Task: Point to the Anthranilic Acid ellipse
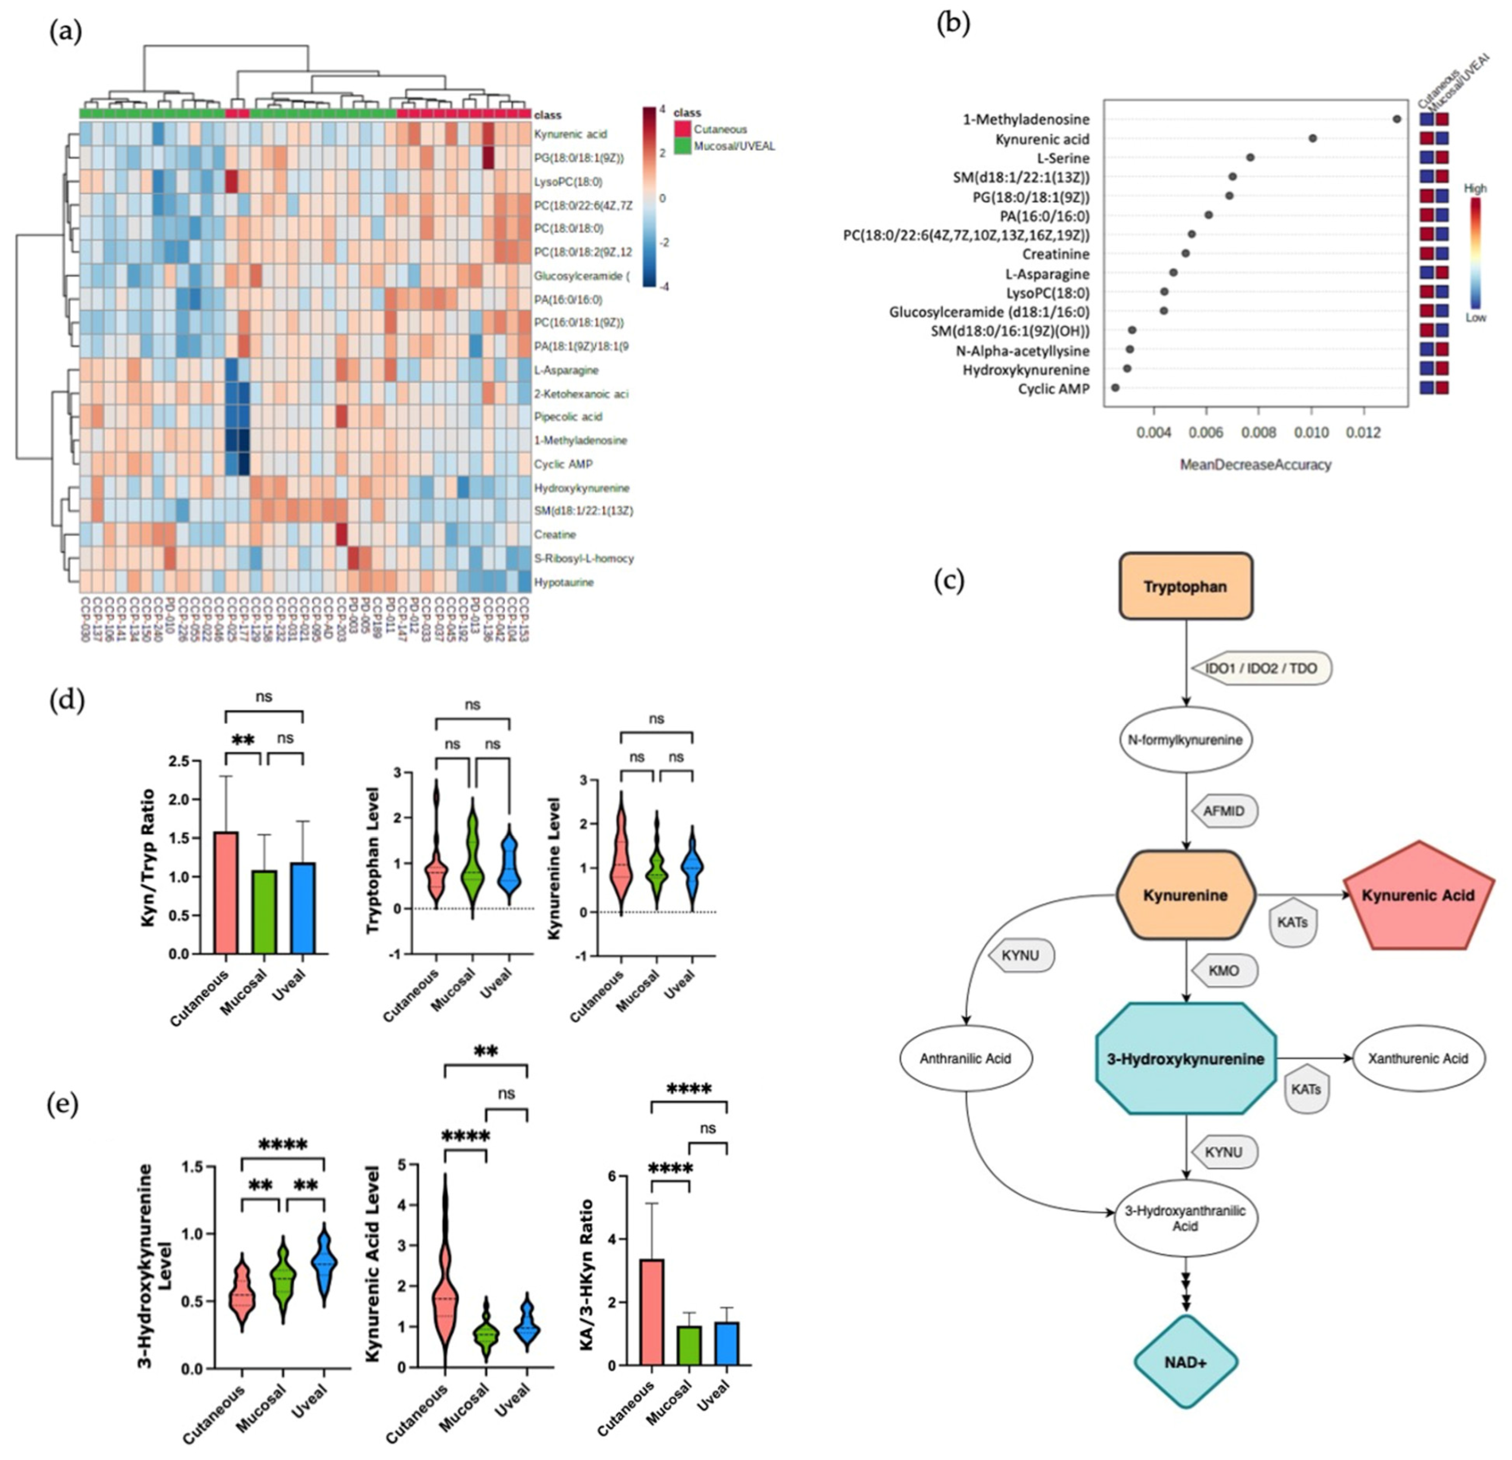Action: point(965,1059)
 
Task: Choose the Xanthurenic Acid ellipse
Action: point(1418,1059)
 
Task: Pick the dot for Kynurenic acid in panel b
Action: point(1312,138)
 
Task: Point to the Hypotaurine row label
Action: point(564,582)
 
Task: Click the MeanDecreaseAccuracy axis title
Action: point(1256,465)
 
